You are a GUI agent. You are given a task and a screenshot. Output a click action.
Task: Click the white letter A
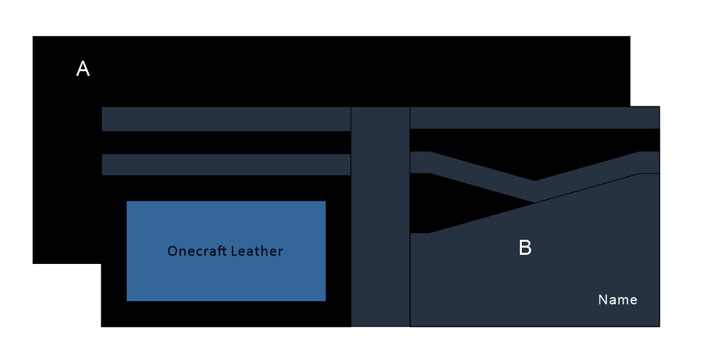(83, 69)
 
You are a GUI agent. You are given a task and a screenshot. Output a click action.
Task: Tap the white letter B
(525, 248)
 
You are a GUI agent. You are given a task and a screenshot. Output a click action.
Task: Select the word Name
(618, 300)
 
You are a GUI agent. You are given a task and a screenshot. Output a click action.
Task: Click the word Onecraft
(195, 252)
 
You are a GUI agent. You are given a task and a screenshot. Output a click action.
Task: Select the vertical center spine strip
(381, 216)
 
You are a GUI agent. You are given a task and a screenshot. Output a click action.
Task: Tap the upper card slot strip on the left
(226, 119)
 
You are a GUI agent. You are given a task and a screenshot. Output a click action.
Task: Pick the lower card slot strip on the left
(226, 165)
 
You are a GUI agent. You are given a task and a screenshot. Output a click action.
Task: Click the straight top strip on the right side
(534, 118)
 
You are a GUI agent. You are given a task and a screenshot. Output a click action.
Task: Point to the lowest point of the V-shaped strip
(535, 191)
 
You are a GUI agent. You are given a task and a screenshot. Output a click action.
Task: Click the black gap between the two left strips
(226, 142)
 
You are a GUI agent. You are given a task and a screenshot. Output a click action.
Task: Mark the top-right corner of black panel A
(629, 37)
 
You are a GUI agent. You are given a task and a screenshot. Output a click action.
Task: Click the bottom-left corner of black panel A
(34, 263)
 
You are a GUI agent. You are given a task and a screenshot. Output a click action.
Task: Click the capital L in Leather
(232, 252)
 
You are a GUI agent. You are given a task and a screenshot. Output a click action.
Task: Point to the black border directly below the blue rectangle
(226, 314)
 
